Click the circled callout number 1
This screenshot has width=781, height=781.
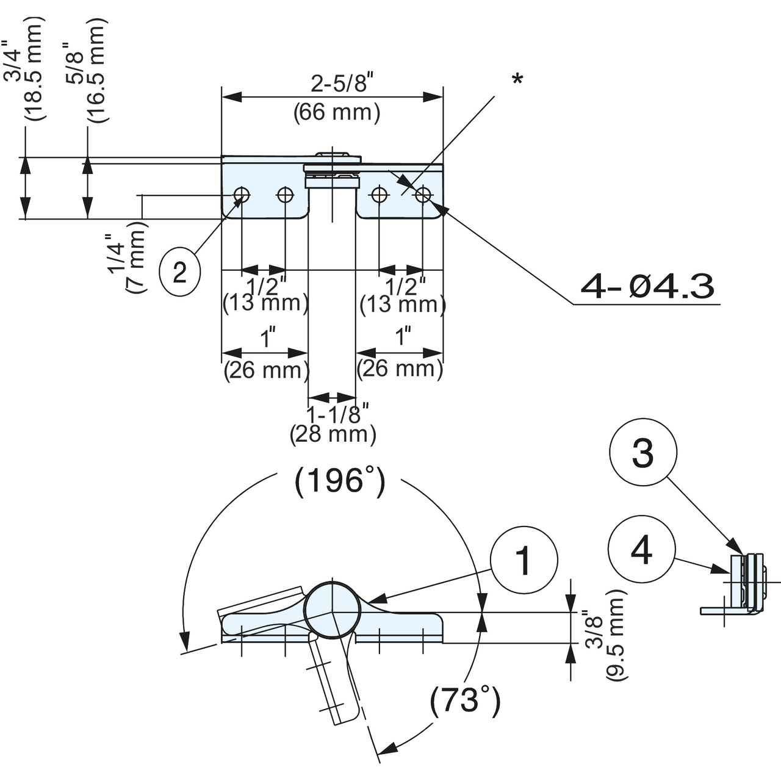pyautogui.click(x=524, y=560)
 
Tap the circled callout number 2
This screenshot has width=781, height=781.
pyautogui.click(x=179, y=272)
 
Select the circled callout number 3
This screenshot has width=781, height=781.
pyautogui.click(x=643, y=453)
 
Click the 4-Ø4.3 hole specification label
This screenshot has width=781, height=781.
pyautogui.click(x=647, y=286)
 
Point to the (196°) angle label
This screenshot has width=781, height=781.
pyautogui.click(x=340, y=481)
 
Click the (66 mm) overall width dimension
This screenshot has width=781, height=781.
pyautogui.click(x=337, y=112)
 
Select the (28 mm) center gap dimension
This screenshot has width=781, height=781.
pyautogui.click(x=333, y=434)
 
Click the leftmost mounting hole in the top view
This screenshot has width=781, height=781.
pyautogui.click(x=242, y=195)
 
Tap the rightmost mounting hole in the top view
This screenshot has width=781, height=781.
pyautogui.click(x=423, y=195)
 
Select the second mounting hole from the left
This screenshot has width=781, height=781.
pyautogui.click(x=285, y=195)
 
